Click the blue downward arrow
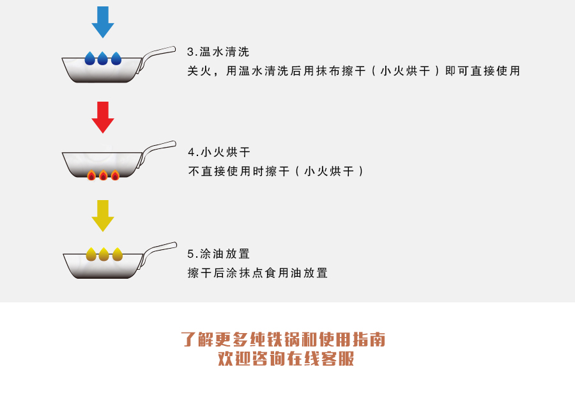click(103, 22)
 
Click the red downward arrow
click(103, 118)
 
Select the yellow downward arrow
click(103, 215)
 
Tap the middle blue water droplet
click(103, 58)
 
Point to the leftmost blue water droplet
click(90, 58)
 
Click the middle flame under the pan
click(103, 175)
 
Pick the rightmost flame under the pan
click(115, 175)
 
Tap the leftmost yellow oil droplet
click(91, 254)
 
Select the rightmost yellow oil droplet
click(118, 254)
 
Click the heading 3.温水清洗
click(218, 52)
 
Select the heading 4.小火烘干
click(219, 152)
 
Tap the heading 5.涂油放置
click(218, 254)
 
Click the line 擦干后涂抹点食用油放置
click(257, 273)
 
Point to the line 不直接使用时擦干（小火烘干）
click(276, 171)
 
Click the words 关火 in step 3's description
click(199, 71)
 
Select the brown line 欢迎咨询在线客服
click(286, 359)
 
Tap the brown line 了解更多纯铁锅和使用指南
click(283, 339)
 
